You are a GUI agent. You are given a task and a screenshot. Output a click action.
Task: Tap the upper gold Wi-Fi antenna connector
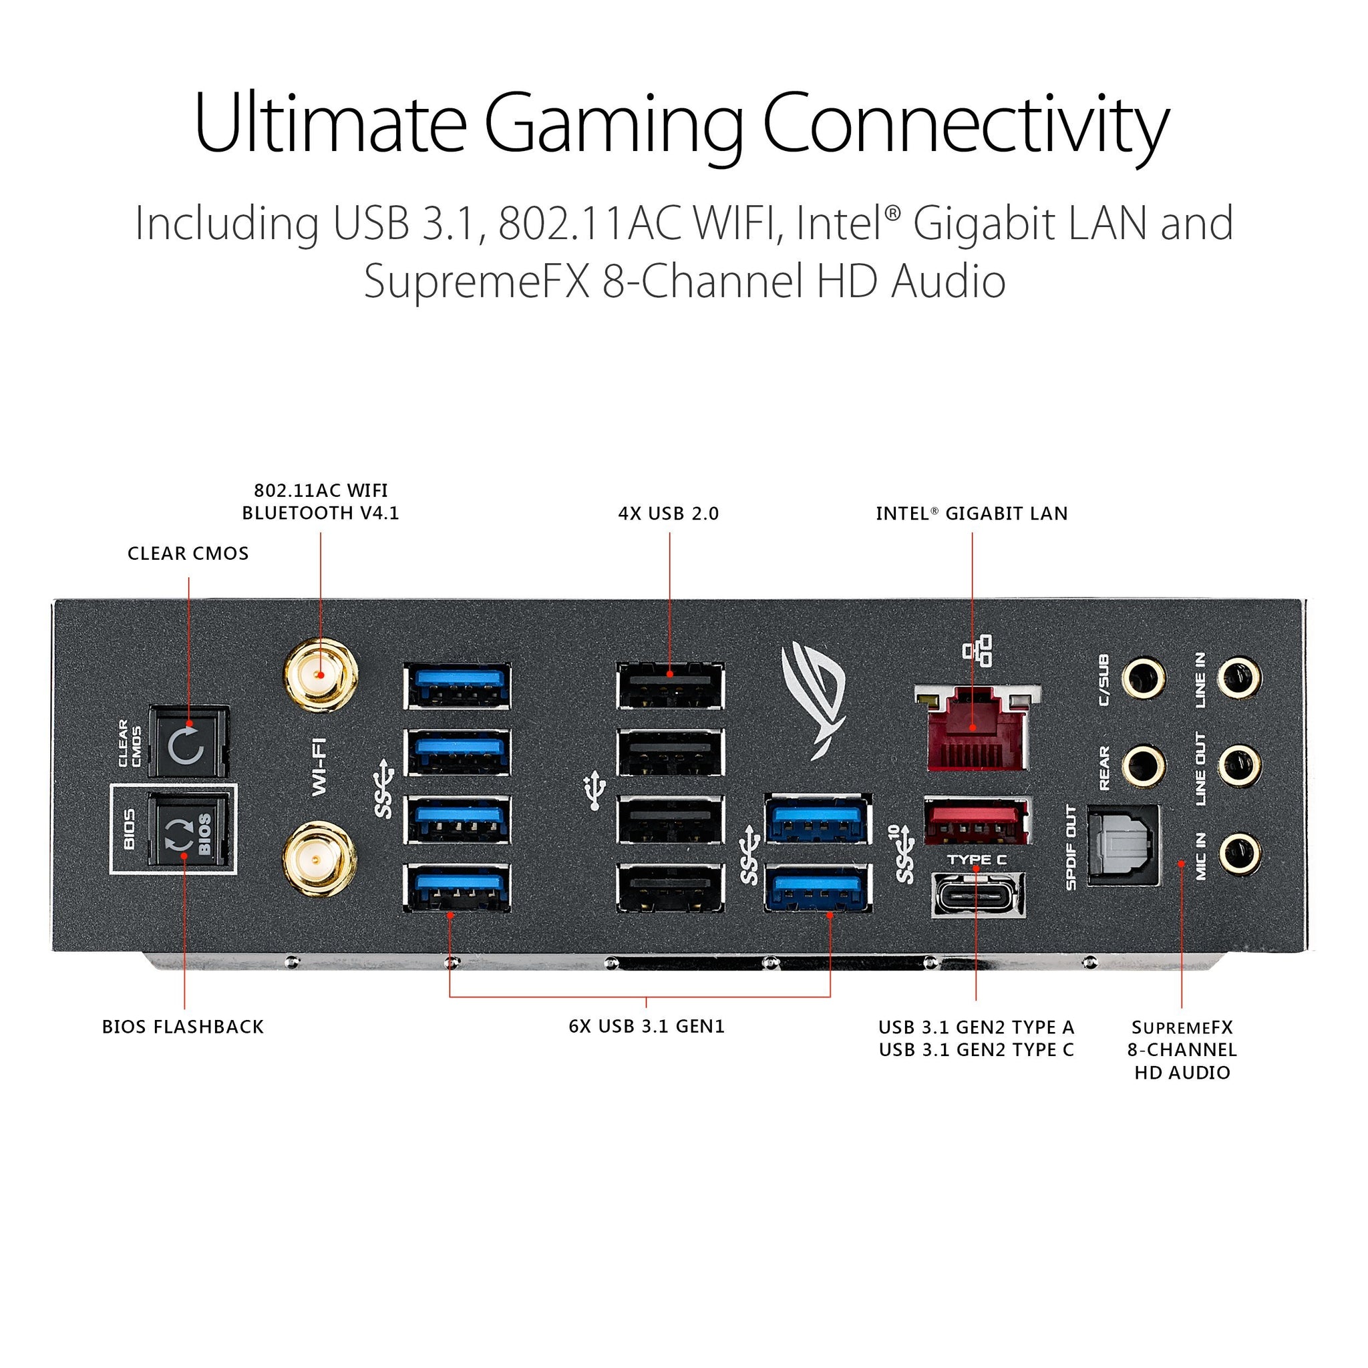tap(320, 675)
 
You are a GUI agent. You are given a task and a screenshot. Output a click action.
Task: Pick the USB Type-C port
tap(978, 895)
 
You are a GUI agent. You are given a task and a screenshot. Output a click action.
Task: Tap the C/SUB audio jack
tap(1144, 677)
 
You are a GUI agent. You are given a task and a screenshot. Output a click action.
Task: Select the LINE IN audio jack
tap(1239, 677)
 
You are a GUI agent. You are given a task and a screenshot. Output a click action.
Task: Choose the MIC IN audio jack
tap(1239, 853)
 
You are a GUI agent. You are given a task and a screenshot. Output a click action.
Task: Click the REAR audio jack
tap(1144, 765)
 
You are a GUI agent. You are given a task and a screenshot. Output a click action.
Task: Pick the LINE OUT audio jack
tap(1239, 765)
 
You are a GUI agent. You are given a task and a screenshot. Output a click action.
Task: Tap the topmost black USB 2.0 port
tap(670, 685)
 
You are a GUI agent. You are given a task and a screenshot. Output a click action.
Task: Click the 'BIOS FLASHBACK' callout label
tap(182, 1027)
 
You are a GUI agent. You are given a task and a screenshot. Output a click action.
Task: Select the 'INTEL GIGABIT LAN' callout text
tap(971, 514)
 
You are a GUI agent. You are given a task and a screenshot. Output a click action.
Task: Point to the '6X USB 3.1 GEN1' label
tap(647, 1026)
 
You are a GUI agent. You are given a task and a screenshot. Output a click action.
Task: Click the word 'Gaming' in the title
tap(613, 124)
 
